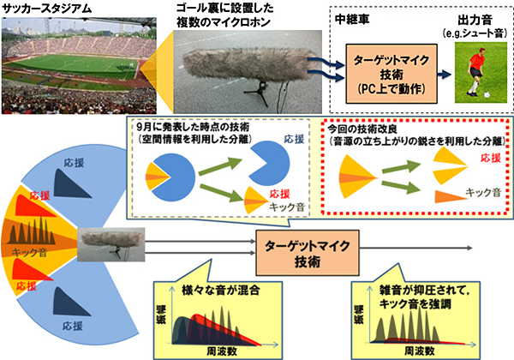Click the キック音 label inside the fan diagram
point(27,254)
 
